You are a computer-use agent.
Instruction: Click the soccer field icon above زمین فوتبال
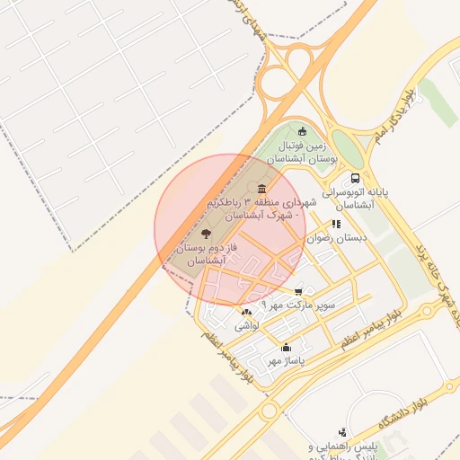(314, 131)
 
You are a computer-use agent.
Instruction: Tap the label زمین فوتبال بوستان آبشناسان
(307, 150)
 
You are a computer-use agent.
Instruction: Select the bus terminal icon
(356, 178)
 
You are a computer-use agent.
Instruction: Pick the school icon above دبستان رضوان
(336, 225)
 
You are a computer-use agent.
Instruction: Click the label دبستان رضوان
(326, 239)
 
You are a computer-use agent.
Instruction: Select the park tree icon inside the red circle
(208, 233)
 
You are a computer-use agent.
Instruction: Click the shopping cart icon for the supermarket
(298, 291)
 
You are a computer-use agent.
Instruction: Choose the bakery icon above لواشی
(246, 313)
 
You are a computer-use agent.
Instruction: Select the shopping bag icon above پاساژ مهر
(287, 347)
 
